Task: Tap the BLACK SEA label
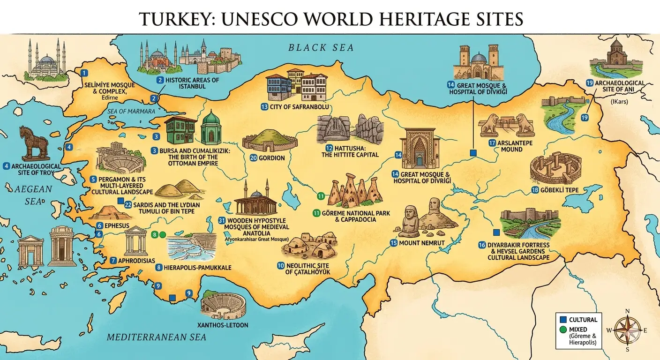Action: [x=321, y=47]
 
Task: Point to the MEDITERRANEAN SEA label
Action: [x=157, y=337]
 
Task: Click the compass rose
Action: [x=628, y=330]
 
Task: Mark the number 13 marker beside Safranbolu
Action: [x=264, y=107]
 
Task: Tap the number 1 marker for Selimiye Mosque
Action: [x=84, y=73]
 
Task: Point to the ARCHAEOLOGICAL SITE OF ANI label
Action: [x=619, y=87]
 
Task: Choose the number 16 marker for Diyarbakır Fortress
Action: [x=482, y=245]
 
